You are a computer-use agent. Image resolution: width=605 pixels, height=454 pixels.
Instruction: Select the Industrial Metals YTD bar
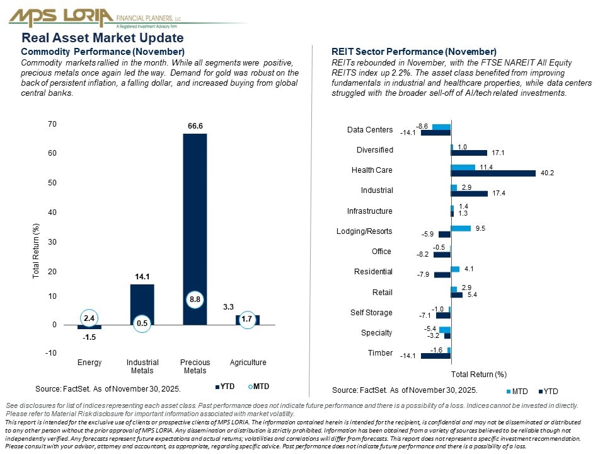point(142,305)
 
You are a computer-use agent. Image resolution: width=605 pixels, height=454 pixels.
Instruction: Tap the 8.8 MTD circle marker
point(195,300)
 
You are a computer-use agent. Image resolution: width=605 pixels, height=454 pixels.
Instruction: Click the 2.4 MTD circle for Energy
point(89,318)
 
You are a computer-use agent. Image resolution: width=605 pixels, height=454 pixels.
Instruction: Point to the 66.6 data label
point(195,126)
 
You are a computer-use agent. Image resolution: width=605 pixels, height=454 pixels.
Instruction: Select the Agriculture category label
point(248,363)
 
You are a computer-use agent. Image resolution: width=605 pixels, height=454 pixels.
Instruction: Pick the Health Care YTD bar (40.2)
point(493,173)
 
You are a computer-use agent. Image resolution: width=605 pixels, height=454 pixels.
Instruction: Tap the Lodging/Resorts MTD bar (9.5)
point(461,228)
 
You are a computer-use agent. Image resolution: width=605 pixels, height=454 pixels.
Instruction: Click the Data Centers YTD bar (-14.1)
point(435,133)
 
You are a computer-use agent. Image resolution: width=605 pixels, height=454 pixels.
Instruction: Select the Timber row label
point(380,353)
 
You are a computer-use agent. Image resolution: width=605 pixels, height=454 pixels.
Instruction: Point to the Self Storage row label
point(371,313)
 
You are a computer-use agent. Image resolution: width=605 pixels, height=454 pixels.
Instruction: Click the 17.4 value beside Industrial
point(499,194)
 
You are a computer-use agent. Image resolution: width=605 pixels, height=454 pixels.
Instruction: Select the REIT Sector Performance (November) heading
point(413,52)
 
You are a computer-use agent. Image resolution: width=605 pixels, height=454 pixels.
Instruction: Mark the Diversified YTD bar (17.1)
point(470,153)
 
